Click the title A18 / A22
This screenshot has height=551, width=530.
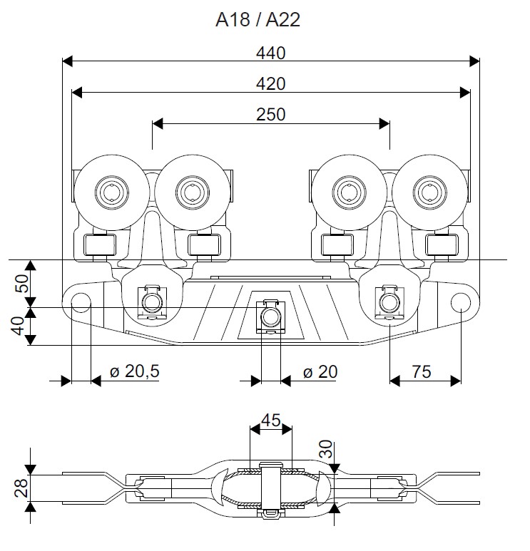(x=258, y=20)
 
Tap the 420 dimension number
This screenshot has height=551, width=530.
(x=270, y=84)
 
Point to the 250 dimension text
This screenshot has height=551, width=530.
(x=270, y=115)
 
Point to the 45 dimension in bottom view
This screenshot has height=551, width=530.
(x=270, y=420)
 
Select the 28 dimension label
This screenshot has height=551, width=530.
(x=22, y=488)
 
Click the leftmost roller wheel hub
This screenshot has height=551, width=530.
(x=111, y=190)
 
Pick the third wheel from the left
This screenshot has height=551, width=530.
(x=351, y=190)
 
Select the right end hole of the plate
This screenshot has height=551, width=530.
(x=461, y=303)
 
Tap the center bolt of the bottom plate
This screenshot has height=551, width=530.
(x=270, y=316)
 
